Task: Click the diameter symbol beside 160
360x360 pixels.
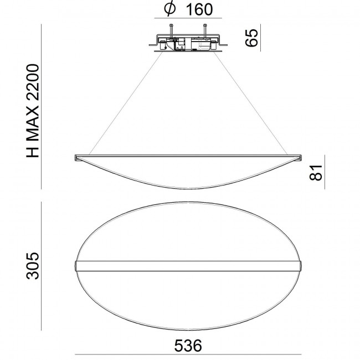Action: coord(171,10)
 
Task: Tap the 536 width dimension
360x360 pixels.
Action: coord(187,344)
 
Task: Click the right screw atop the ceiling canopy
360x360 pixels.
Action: coord(205,32)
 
